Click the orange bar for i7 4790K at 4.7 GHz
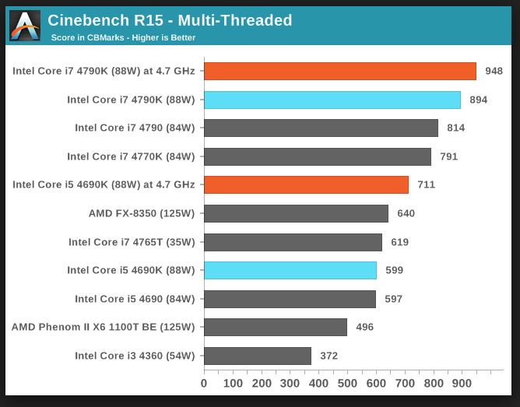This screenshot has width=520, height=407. point(340,71)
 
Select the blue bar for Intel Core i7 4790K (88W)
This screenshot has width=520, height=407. point(332,100)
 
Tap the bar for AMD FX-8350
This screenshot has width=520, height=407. point(296,213)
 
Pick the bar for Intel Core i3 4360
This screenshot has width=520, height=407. point(258,356)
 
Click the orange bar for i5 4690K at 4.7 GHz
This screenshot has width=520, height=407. point(306,184)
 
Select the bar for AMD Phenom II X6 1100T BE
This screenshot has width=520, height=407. point(276,327)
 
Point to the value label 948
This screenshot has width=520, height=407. point(494,71)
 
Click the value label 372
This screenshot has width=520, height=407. point(329,356)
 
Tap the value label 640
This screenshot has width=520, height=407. point(406,213)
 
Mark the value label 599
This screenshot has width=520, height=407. point(394,270)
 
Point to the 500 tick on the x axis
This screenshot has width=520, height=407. point(348,383)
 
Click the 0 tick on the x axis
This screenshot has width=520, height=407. point(204,383)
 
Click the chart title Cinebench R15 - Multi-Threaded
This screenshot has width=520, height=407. point(170,20)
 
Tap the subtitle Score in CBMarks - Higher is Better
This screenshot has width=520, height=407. point(123,37)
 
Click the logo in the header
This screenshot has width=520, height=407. point(24,26)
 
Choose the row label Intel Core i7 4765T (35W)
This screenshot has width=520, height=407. point(132,242)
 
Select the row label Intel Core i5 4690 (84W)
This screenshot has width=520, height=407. point(135,299)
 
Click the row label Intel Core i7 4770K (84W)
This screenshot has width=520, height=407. point(131,156)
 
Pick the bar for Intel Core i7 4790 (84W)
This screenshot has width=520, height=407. point(321,128)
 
